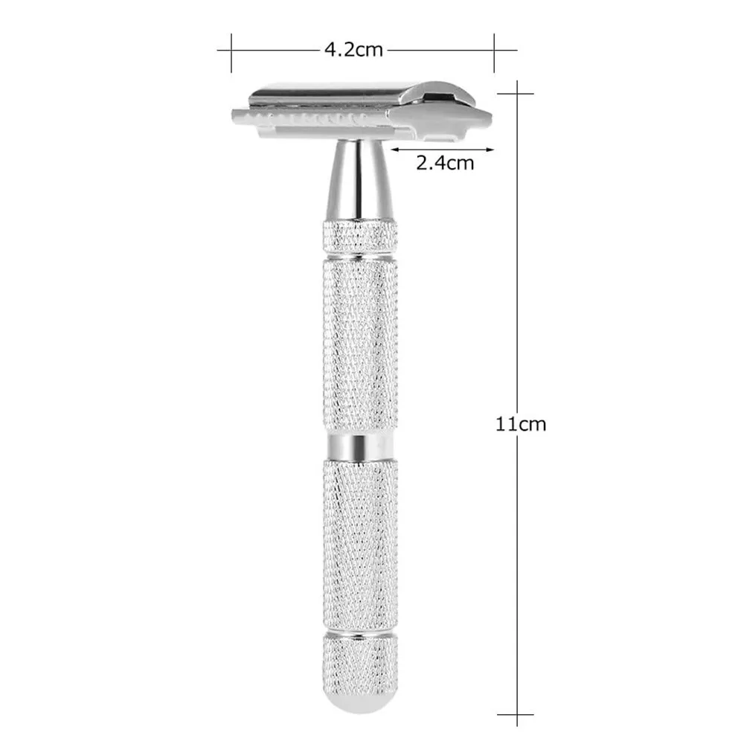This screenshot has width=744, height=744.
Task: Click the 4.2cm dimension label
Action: [353, 50]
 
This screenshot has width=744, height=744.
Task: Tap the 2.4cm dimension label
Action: [444, 162]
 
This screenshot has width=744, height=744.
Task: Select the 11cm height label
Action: [521, 424]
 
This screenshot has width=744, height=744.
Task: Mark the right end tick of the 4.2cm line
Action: [495, 50]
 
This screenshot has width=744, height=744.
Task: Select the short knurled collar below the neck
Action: [360, 236]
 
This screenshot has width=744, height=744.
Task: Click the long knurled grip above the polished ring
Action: [361, 342]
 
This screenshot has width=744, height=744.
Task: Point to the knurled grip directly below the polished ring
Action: [361, 543]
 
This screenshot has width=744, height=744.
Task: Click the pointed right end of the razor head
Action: [487, 116]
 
